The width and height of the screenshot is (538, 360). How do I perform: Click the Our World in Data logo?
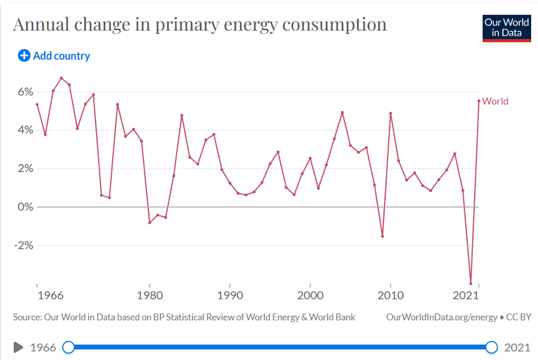click(506, 28)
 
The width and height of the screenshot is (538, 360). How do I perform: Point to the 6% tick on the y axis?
click(26, 92)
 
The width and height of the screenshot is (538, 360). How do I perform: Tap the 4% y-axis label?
click(26, 130)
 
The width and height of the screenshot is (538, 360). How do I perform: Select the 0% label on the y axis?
click(26, 207)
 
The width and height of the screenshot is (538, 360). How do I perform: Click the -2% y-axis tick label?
click(24, 246)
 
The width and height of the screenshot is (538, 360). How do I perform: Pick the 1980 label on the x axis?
click(149, 296)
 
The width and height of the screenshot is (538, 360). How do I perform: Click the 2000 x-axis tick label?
click(310, 296)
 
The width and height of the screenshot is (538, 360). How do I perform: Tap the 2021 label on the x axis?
click(466, 296)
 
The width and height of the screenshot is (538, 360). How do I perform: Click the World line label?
click(495, 101)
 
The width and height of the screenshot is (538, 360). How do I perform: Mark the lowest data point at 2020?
click(471, 284)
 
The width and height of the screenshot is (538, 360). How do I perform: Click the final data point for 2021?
click(479, 101)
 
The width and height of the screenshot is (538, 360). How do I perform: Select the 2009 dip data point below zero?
click(382, 236)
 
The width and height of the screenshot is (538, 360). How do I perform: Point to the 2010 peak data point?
click(390, 113)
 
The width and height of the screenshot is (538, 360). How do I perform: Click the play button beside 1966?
click(18, 347)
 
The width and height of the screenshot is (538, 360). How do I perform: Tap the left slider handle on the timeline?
click(68, 347)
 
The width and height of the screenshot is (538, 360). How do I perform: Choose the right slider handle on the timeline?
click(491, 347)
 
